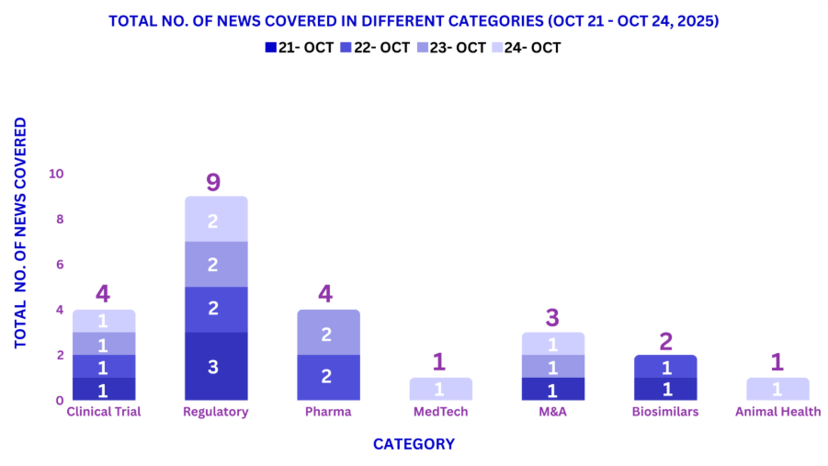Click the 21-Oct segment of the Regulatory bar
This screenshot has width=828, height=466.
[216, 366]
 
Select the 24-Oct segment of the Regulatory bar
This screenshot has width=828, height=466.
[216, 219]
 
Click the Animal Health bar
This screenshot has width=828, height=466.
[777, 389]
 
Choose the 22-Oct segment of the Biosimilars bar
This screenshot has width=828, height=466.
[665, 366]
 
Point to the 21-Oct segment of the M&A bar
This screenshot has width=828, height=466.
[552, 389]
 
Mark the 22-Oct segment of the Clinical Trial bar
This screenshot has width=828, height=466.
[104, 366]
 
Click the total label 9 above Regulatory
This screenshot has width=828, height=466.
[213, 182]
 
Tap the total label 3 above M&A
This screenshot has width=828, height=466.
[553, 318]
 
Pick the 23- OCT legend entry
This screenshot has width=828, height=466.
[448, 48]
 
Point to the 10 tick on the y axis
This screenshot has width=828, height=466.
[56, 174]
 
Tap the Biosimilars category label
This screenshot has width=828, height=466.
[665, 412]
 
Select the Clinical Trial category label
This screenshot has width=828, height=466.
[104, 412]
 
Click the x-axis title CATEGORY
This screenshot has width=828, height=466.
[414, 444]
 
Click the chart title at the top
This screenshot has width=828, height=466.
[414, 19]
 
